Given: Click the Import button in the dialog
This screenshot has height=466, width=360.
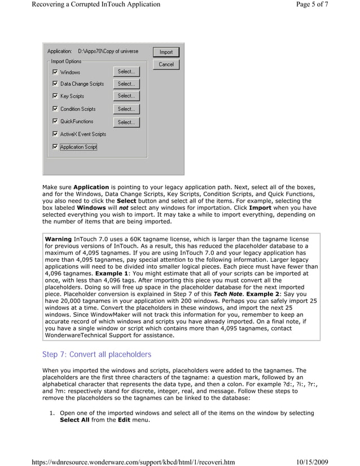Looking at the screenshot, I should click(166, 52).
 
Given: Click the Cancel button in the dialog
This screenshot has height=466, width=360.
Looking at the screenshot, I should click(166, 64).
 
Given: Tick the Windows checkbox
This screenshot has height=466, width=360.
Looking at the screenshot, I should click(55, 72).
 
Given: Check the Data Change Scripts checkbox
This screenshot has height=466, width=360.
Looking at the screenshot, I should click(55, 84).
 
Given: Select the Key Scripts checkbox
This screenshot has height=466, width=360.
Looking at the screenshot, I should click(55, 96).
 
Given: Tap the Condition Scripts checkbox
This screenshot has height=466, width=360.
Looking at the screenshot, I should click(55, 109).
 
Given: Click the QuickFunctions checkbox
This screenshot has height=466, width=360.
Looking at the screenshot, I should click(55, 121).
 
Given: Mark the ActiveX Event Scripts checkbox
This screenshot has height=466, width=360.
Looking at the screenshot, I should click(55, 134).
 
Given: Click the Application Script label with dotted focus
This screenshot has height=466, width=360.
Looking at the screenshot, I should click(78, 147).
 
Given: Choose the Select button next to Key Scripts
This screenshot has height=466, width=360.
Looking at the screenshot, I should click(126, 96).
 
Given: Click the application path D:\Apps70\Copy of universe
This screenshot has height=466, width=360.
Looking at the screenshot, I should click(108, 51).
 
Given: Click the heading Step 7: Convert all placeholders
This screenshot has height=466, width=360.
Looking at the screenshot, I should click(97, 354).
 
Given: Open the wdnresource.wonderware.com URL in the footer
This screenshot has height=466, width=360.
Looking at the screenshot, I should click(133, 461).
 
